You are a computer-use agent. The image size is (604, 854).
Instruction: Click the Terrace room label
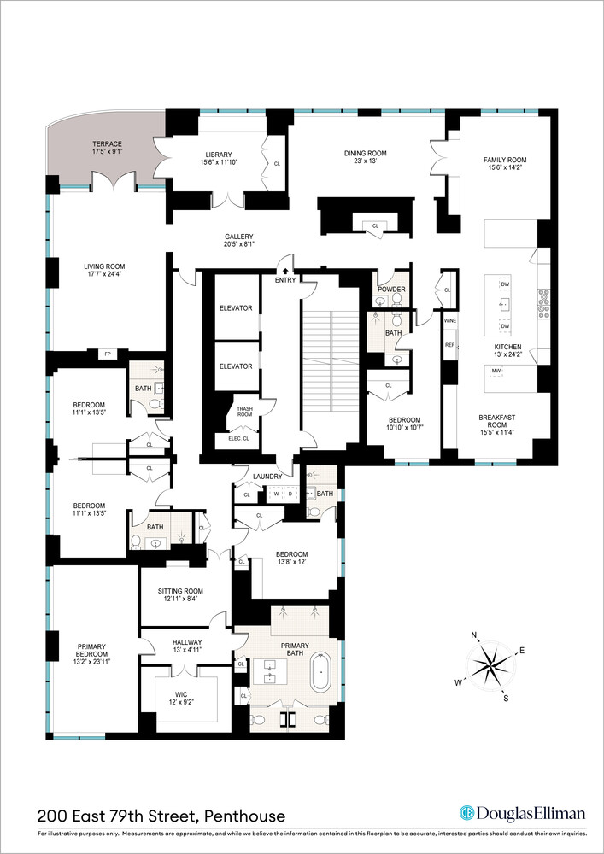click(x=107, y=144)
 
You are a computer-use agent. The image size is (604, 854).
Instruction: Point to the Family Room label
click(x=505, y=160)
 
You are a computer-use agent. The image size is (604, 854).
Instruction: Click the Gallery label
click(x=239, y=237)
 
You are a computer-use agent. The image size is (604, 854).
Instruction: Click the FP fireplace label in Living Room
click(x=108, y=354)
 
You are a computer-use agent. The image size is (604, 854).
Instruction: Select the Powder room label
click(x=391, y=290)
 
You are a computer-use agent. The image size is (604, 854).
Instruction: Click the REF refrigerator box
click(x=449, y=345)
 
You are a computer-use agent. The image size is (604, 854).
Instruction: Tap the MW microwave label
click(x=495, y=371)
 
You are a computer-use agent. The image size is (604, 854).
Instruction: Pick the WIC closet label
click(x=185, y=698)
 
